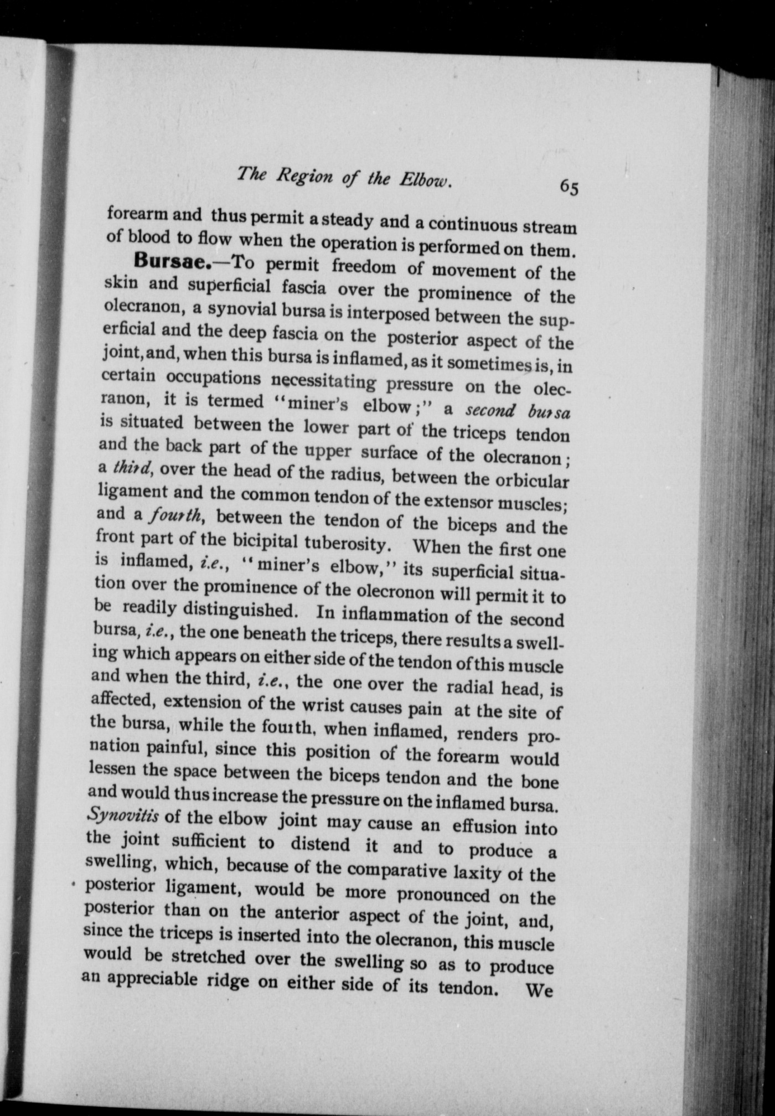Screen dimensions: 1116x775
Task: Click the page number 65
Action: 569,187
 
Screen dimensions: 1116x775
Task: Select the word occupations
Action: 214,379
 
